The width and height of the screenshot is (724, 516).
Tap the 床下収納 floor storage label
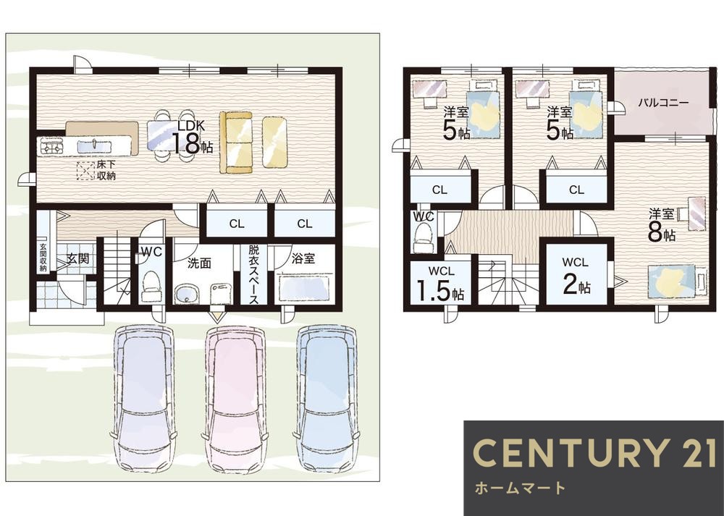[x=106, y=170]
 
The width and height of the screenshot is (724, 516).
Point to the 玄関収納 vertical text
[x=43, y=257]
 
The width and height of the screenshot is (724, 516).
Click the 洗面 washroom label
[x=199, y=263]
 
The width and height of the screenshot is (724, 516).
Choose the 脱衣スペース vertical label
[x=253, y=274]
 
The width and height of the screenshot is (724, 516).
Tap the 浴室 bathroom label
[x=303, y=258]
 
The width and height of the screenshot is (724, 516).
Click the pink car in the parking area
[x=235, y=398]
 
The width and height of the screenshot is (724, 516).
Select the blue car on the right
[x=327, y=398]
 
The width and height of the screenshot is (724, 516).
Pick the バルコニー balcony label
[x=663, y=103]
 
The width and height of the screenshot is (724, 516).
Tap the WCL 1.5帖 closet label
[x=440, y=284]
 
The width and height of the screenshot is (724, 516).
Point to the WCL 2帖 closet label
[x=576, y=276]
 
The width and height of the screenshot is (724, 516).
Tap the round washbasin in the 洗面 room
[x=187, y=294]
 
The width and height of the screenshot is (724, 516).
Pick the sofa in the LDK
[x=235, y=142]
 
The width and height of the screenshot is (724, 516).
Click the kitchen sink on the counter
[x=95, y=147]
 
